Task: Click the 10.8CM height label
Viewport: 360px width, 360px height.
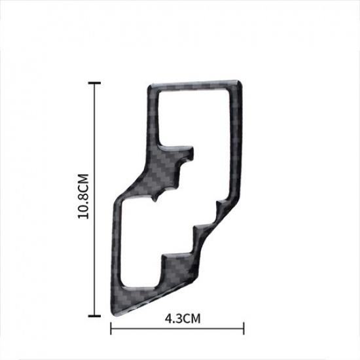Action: click(83, 197)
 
